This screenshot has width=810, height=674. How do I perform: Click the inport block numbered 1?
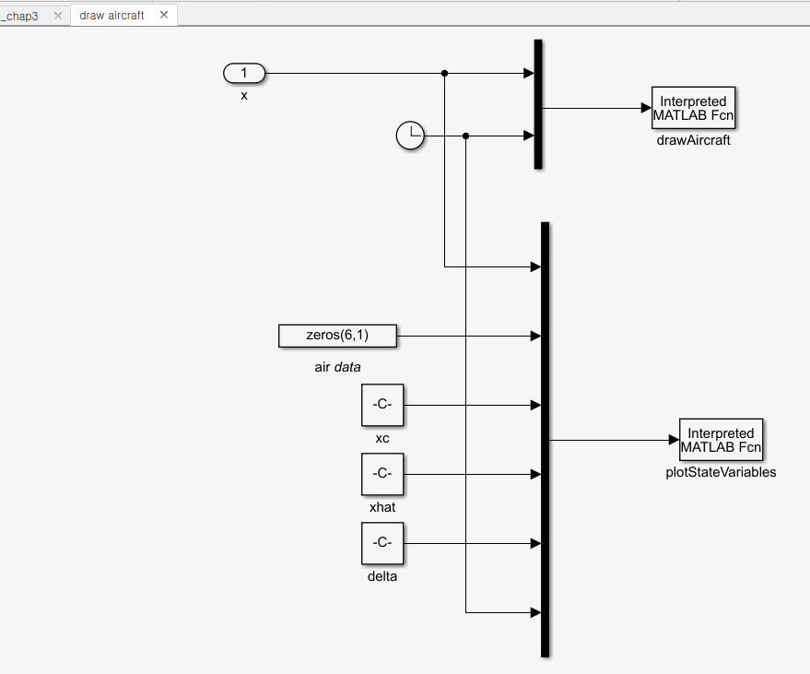point(244,73)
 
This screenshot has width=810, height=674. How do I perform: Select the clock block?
point(409,136)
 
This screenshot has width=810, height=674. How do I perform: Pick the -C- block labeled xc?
point(382,405)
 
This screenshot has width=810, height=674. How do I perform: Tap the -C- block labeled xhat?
point(382,474)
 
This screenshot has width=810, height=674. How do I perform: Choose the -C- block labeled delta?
point(382,543)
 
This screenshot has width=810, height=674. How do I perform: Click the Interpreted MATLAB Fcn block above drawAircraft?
point(693,109)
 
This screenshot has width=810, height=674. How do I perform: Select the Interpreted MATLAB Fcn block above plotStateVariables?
point(721,441)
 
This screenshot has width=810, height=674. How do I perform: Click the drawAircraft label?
point(693,141)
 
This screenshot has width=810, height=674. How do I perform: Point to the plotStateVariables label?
point(721,473)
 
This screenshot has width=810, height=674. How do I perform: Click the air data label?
point(337,367)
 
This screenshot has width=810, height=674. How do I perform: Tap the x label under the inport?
point(244,95)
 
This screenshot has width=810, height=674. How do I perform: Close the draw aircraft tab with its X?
point(164,16)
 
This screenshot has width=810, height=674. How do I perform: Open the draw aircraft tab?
point(112,16)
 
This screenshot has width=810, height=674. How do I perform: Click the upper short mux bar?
point(538,104)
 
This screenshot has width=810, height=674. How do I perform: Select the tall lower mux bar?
point(545,440)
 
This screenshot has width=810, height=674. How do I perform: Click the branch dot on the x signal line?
point(445,73)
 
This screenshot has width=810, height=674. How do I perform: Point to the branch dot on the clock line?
point(466,136)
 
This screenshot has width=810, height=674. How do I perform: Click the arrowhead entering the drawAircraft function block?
point(646,109)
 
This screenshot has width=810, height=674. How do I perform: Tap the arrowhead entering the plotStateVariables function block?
point(674,441)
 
